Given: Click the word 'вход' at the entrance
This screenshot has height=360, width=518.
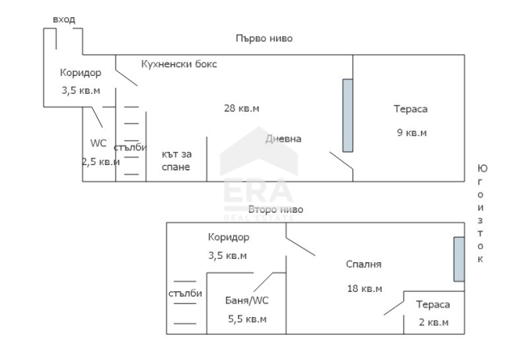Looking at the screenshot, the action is point(64,20).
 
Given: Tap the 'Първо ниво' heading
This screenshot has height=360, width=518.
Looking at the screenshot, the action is point(264,38).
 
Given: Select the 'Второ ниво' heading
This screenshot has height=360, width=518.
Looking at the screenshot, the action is point(275,210).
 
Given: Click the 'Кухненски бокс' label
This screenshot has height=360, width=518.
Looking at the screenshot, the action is point(179,63).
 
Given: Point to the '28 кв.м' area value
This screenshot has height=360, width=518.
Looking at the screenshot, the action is point(242,108).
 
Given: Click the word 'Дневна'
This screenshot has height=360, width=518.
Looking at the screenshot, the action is point(283,139).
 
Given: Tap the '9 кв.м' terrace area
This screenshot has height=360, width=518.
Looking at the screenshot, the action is point(412,133).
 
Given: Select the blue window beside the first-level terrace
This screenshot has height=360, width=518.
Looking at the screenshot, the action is point(347,116).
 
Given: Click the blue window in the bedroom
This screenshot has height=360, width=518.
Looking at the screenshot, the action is point(459,259).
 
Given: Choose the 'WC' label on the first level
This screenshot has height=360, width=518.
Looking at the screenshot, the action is point(99,143).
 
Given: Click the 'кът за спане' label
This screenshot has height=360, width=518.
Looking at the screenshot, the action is point(176,160).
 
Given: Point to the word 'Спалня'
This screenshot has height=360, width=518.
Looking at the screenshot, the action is point(364,265).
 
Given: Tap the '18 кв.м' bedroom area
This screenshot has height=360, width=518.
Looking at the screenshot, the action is point(365,289).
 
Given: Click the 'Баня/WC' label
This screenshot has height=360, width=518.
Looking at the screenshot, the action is point(246,301).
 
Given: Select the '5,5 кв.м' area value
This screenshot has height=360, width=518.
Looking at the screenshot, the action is point(247,319).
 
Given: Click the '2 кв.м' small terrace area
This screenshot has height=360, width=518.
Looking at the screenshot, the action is point(433,322).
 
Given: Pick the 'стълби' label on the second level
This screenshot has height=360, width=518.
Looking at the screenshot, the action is point(185,293).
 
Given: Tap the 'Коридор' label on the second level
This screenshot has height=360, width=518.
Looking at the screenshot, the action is point(228,237).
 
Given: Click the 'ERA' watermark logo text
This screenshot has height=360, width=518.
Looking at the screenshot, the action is point(259,191).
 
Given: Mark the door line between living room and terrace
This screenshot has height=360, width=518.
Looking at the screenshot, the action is point(341,161).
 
